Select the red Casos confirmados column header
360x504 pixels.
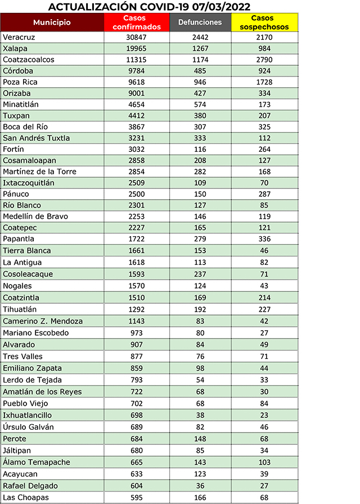coord(137,22)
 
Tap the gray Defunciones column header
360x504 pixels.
coord(200,22)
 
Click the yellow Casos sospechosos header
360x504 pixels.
coord(264,22)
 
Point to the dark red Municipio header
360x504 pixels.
coord(52,22)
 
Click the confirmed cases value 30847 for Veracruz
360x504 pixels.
coord(137,37)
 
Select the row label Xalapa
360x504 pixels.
coord(15,48)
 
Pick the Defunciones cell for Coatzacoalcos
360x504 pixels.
coord(200,59)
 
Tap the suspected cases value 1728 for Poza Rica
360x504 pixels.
coord(264,82)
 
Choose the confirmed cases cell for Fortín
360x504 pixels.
coord(137,149)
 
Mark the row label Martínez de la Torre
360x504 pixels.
coord(39,172)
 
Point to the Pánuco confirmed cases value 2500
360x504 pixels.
coord(137,194)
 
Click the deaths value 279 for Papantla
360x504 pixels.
coord(200,239)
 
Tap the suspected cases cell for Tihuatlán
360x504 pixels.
coord(264,309)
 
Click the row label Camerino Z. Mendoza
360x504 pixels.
coord(43,321)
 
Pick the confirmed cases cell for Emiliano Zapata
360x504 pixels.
coord(137,368)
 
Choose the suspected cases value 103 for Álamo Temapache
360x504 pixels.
coord(264,462)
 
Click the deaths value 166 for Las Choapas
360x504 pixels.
coord(200,497)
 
